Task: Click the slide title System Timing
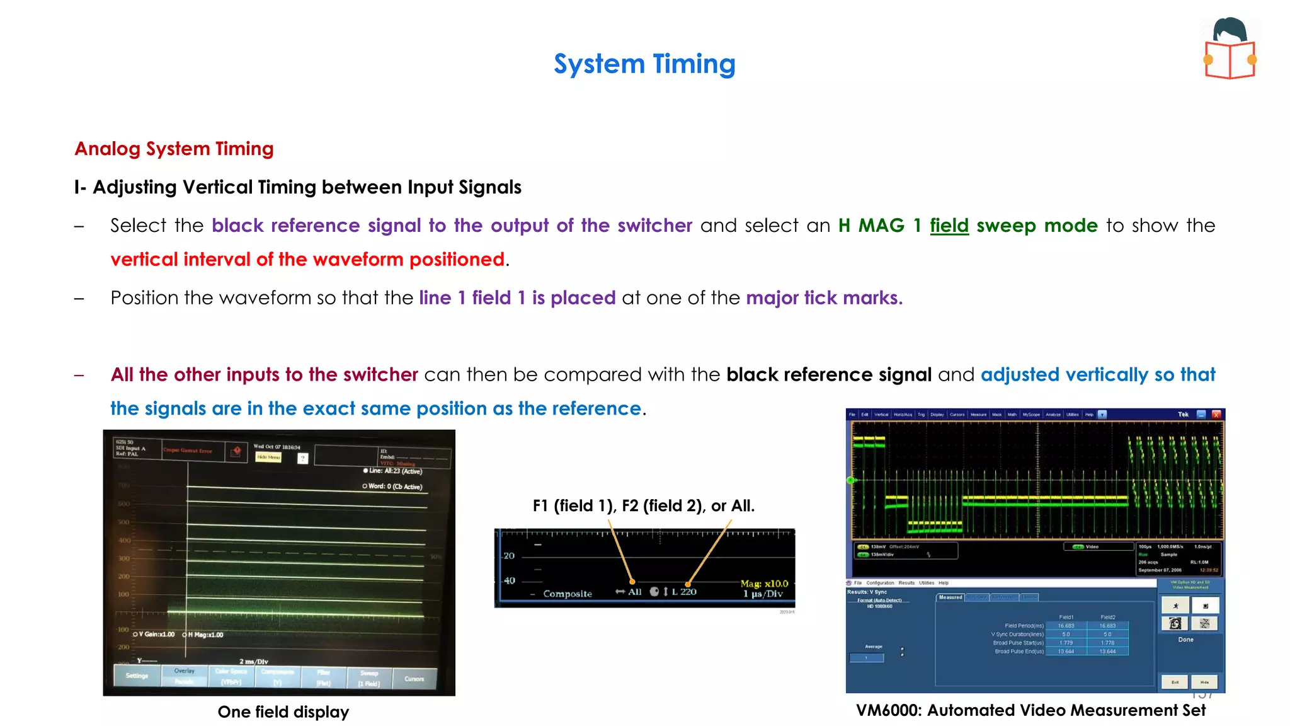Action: pyautogui.click(x=644, y=64)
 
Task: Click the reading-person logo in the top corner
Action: pyautogui.click(x=1230, y=49)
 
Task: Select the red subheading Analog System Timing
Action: pyautogui.click(x=174, y=149)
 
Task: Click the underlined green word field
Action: pyautogui.click(x=949, y=226)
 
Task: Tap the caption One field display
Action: pyautogui.click(x=283, y=712)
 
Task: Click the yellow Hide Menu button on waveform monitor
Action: pyautogui.click(x=268, y=457)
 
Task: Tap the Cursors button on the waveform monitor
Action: pyautogui.click(x=414, y=679)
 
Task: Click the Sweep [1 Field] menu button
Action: pyautogui.click(x=369, y=678)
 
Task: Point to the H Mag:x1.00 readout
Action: pyautogui.click(x=205, y=635)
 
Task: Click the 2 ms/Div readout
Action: pyautogui.click(x=253, y=661)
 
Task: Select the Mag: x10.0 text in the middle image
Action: pyautogui.click(x=764, y=584)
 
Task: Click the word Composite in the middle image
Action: pyautogui.click(x=568, y=594)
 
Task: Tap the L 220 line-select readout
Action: pyautogui.click(x=683, y=592)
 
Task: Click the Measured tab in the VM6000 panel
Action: pyautogui.click(x=950, y=597)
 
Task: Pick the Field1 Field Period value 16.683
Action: pyautogui.click(x=1066, y=626)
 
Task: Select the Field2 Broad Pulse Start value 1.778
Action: pyautogui.click(x=1107, y=643)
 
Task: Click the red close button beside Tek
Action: pyautogui.click(x=1216, y=414)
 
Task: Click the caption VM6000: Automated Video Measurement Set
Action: pyautogui.click(x=1030, y=710)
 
